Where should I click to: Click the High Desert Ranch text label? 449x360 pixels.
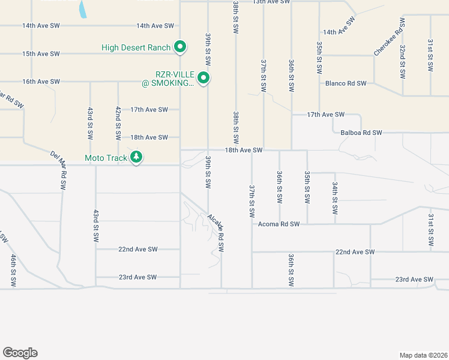136,47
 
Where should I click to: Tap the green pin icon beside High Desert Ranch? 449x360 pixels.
179,47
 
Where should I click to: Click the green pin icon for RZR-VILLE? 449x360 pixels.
203,78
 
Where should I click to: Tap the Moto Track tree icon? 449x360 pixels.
137,158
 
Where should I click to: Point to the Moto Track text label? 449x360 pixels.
106,158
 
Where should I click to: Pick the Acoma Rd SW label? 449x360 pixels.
279,224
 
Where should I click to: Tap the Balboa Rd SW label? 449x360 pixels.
361,133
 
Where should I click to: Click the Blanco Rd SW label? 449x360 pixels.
346,83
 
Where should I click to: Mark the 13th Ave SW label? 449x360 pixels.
271,2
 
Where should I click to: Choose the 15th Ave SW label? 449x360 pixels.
41,54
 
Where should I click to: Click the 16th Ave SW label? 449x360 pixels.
41,82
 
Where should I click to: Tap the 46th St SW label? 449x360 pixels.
13,269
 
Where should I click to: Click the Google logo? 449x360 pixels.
20,353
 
